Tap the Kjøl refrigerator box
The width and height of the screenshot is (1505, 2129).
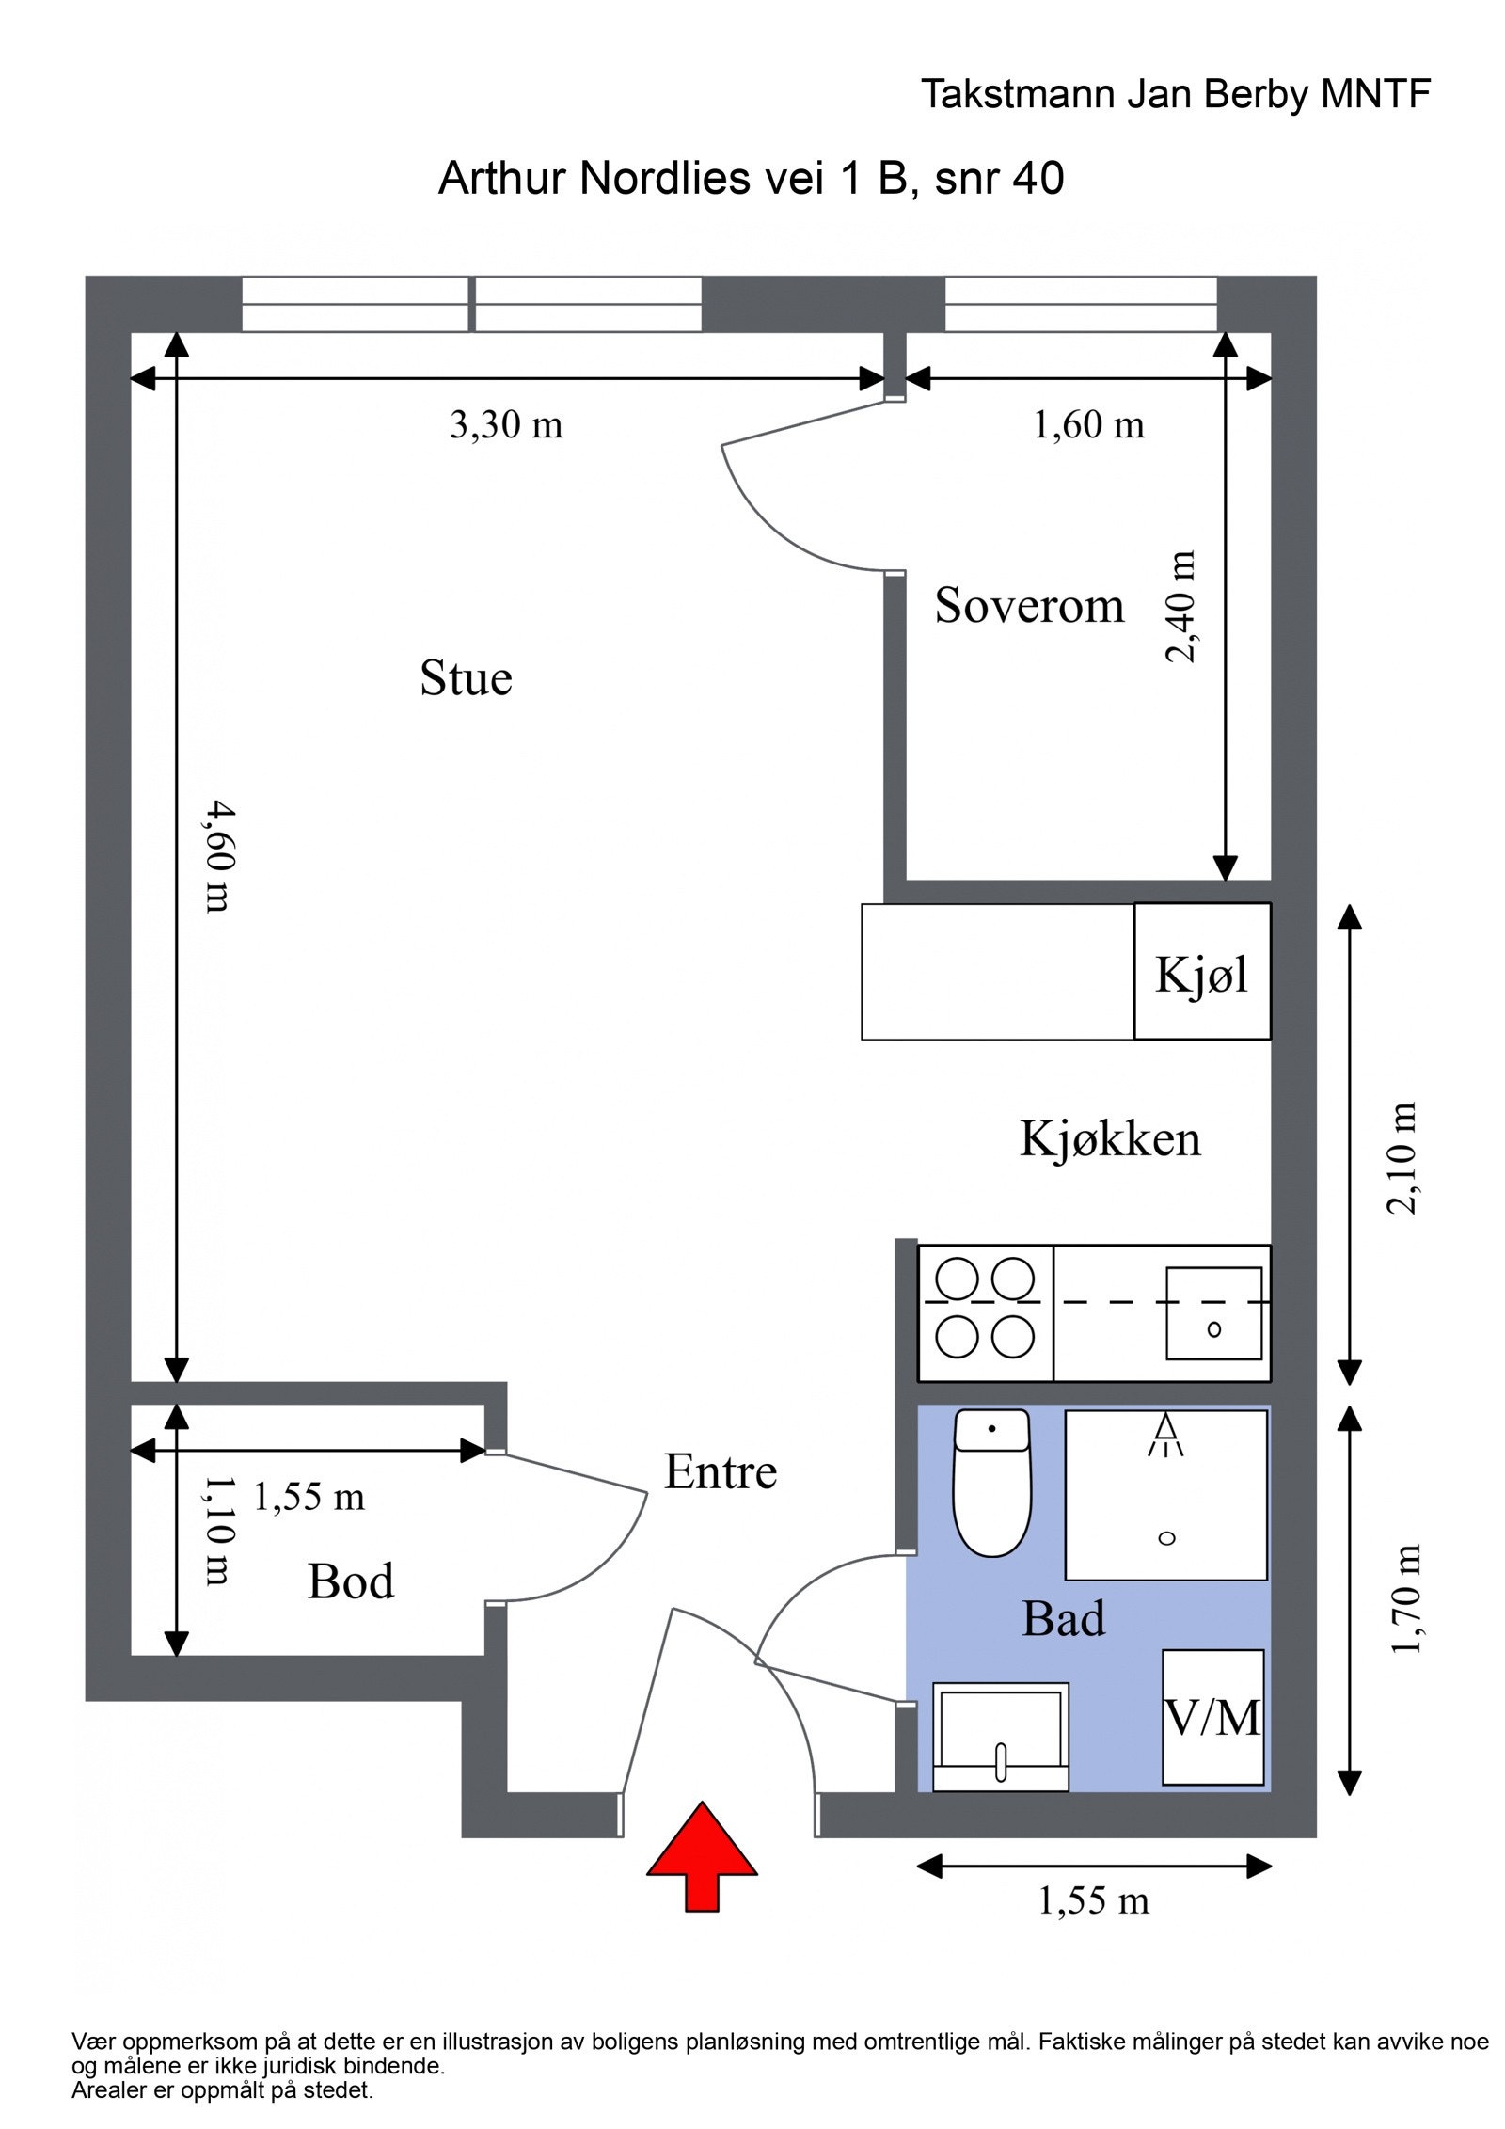[x=1201, y=972]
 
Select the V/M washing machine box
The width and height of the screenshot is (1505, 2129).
[x=1212, y=1718]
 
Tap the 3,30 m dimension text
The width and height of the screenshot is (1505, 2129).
[x=506, y=425]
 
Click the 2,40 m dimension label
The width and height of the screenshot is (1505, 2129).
[x=1181, y=608]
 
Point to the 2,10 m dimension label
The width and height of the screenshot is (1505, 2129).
[x=1402, y=1158]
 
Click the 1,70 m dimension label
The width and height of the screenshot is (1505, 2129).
[x=1405, y=1598]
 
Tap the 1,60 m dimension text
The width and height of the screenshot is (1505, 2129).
[x=1088, y=425]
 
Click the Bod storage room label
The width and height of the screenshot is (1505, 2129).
[x=351, y=1581]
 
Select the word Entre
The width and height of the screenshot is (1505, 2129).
[x=721, y=1472]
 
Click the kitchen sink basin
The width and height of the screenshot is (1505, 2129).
[x=1212, y=1313]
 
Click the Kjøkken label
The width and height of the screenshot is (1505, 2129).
[x=1110, y=1139]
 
